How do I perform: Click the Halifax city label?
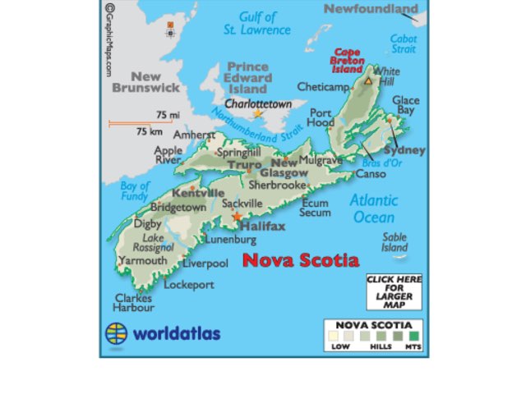(263, 225)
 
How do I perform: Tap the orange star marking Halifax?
(238, 217)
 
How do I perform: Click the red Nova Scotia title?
(301, 261)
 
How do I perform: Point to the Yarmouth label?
(143, 260)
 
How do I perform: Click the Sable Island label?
(394, 242)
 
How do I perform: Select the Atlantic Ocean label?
(374, 208)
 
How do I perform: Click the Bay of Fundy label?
(135, 190)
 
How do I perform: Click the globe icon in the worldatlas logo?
(117, 333)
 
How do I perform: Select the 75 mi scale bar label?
(168, 115)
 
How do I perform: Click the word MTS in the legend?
(413, 347)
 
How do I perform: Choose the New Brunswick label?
(145, 81)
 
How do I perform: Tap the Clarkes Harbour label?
(134, 303)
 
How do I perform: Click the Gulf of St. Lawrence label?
(257, 23)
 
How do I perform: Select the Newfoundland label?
(371, 9)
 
